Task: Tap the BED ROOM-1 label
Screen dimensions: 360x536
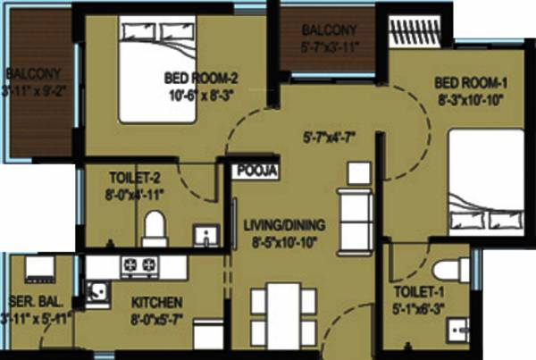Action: coord(472,83)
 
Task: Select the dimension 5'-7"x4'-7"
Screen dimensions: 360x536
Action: coord(329,138)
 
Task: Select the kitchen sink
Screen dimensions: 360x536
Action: coord(96,290)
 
